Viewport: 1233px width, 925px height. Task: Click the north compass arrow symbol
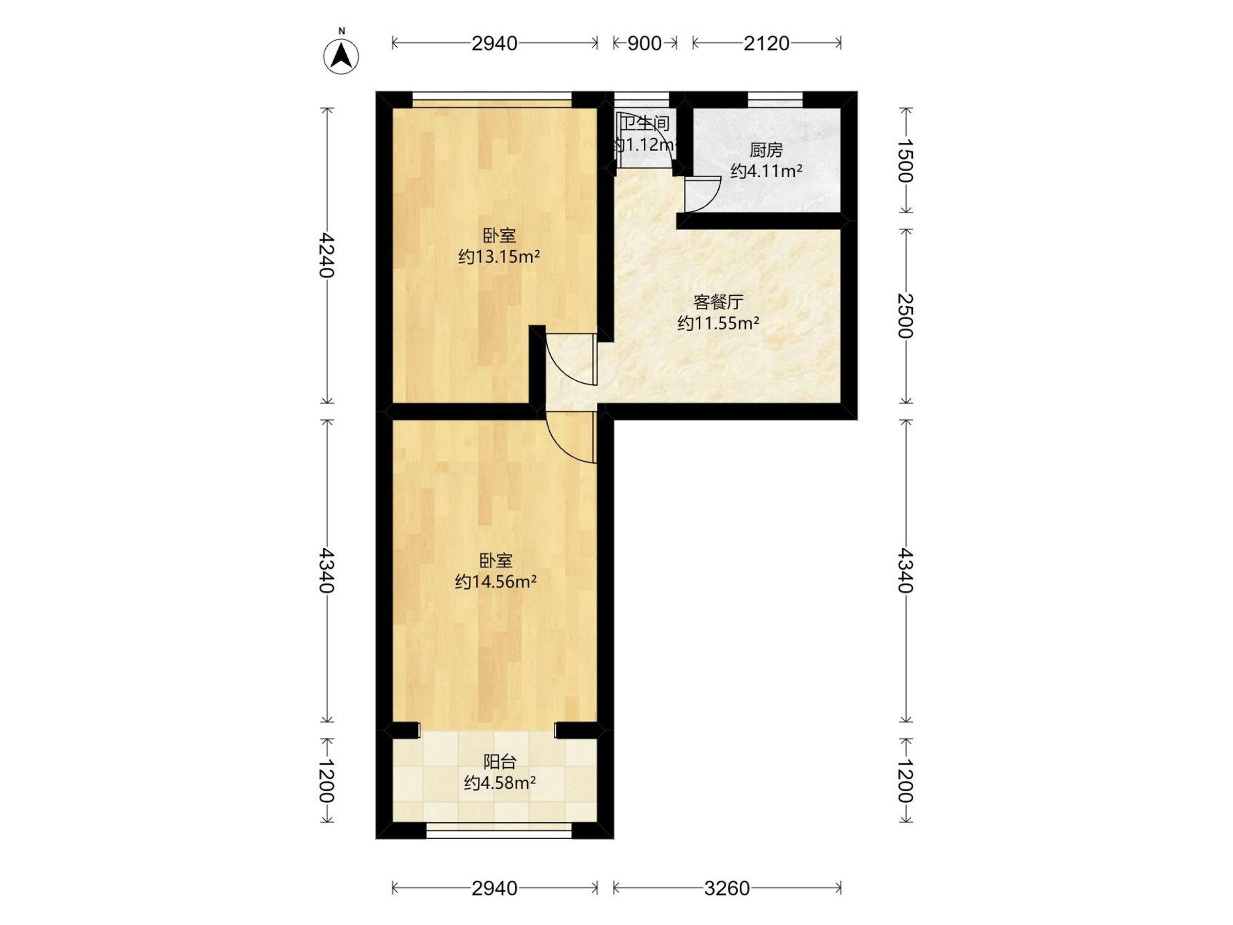[341, 57]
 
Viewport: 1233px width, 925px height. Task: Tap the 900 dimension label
[644, 44]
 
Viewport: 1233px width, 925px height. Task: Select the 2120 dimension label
[767, 44]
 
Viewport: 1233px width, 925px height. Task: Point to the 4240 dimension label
[327, 255]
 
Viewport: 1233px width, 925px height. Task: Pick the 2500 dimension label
[906, 316]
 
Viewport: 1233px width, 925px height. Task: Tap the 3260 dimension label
[727, 888]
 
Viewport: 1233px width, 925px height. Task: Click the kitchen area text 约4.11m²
[767, 171]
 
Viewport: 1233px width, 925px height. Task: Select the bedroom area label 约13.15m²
[499, 257]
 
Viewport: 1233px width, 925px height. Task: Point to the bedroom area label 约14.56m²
[496, 582]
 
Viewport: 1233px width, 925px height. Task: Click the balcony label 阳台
[499, 762]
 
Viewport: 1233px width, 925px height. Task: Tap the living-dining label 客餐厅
[719, 302]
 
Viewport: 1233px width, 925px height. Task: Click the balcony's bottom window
[499, 830]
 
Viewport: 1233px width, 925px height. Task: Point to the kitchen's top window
[775, 99]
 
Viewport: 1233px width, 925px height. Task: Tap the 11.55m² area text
[719, 323]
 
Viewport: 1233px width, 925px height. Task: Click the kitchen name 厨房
[767, 150]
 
